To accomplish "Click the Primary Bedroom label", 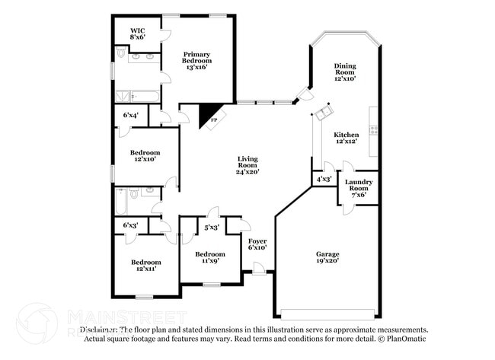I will pyautogui.click(x=196, y=60).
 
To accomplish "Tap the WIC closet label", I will pyautogui.click(x=137, y=33).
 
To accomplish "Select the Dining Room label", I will pyautogui.click(x=345, y=72).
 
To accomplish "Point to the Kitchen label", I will pyautogui.click(x=346, y=139).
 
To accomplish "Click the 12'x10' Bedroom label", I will pyautogui.click(x=144, y=155).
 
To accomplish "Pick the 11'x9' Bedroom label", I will pyautogui.click(x=209, y=257).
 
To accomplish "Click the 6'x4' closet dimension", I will pyautogui.click(x=131, y=116).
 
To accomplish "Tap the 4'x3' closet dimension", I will pyautogui.click(x=323, y=180).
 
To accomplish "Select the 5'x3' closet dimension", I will pyautogui.click(x=212, y=227).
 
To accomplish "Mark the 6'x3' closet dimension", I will pyautogui.click(x=131, y=225).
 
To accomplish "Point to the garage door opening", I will pyautogui.click(x=327, y=313).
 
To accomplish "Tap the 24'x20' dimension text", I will pyautogui.click(x=247, y=172).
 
